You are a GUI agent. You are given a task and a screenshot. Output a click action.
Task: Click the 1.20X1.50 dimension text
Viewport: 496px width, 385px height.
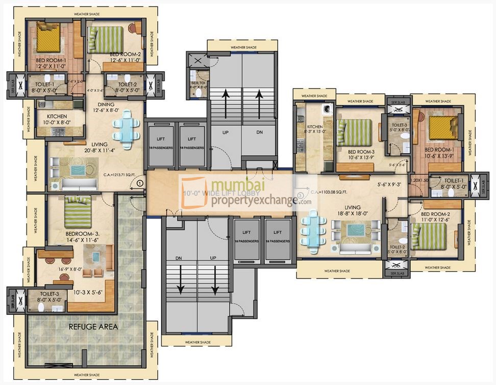click(419, 180)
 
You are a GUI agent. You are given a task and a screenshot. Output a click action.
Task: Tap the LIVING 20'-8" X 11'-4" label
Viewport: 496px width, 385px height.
click(92, 147)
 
